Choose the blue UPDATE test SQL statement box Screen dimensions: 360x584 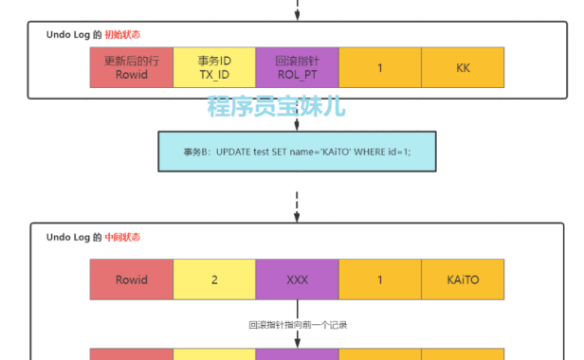pyautogui.click(x=297, y=152)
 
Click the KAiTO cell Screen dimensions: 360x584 pyautogui.click(x=463, y=280)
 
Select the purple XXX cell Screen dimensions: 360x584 pyautogui.click(x=297, y=280)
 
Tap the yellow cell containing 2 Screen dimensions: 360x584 pyautogui.click(x=214, y=280)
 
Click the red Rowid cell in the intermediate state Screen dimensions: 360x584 pyautogui.click(x=132, y=280)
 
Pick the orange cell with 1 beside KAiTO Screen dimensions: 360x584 pyautogui.click(x=379, y=280)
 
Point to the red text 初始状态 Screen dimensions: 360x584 pyautogui.click(x=123, y=34)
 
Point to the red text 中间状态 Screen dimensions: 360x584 pyautogui.click(x=123, y=237)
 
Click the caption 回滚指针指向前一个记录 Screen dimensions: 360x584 pyautogui.click(x=297, y=325)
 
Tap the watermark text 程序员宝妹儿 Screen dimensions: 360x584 pyautogui.click(x=277, y=106)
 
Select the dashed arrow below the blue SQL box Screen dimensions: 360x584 pyautogui.click(x=297, y=202)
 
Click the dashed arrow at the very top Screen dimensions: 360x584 pyautogui.click(x=297, y=9)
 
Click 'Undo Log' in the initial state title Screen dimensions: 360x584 pyautogui.click(x=68, y=34)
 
